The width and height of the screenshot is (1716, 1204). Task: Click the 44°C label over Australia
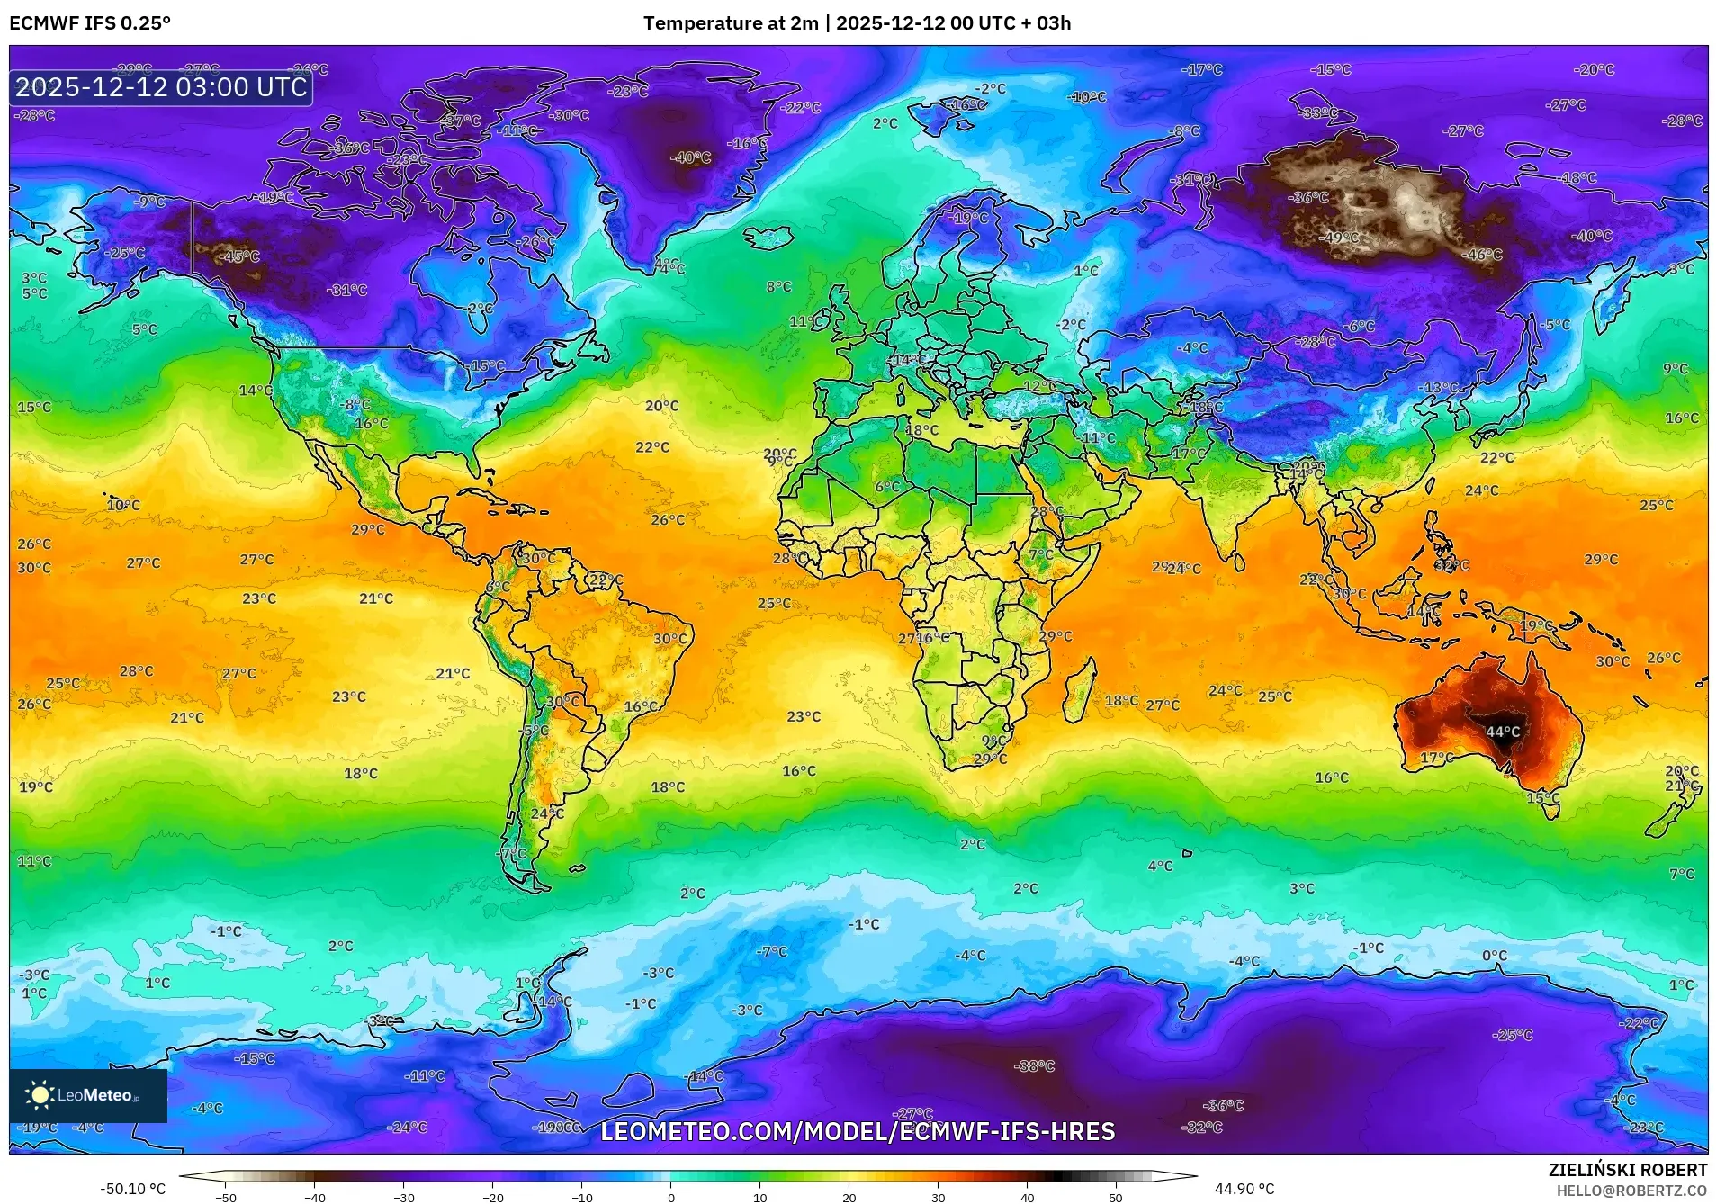1502,732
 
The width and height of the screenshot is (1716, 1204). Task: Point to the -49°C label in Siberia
1339,238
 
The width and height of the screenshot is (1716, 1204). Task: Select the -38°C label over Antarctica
1034,1066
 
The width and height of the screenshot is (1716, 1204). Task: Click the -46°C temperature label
1483,255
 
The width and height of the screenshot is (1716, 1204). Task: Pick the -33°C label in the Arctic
1319,113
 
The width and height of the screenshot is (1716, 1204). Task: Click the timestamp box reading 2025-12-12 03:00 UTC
161,87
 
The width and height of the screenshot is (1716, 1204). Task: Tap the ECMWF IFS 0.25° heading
90,23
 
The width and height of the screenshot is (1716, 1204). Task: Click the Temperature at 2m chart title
857,23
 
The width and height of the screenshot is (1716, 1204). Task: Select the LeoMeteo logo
88,1095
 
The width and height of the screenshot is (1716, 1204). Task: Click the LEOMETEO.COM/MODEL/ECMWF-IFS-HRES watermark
858,1131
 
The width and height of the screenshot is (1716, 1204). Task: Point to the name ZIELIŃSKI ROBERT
1627,1170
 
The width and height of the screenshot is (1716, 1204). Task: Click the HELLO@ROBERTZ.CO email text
1631,1191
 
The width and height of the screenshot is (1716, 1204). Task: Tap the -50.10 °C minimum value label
132,1189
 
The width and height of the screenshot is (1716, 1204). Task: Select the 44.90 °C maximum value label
1244,1189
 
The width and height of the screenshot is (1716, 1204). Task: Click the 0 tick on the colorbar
671,1198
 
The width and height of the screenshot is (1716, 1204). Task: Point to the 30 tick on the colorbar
939,1198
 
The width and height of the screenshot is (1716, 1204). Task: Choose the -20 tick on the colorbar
493,1198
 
